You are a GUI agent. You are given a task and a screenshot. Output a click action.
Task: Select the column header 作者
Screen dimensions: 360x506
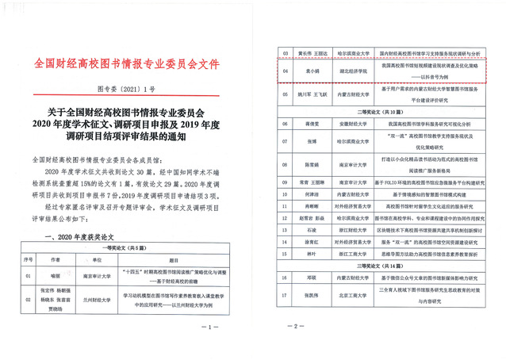point(54,259)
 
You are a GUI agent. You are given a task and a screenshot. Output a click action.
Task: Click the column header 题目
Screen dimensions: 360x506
point(187,259)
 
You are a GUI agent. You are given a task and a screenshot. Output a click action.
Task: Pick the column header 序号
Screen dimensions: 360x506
point(29,259)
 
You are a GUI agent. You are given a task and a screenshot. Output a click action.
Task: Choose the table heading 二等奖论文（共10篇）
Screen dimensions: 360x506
point(382,112)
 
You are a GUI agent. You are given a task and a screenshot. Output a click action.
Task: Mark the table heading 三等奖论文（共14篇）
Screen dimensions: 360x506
point(382,266)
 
